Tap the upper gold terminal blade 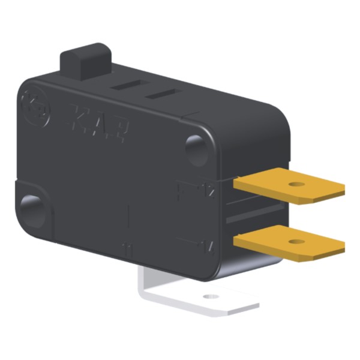tap(282, 187)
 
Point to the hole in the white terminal tap(209, 296)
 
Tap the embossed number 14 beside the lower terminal tap(208, 245)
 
